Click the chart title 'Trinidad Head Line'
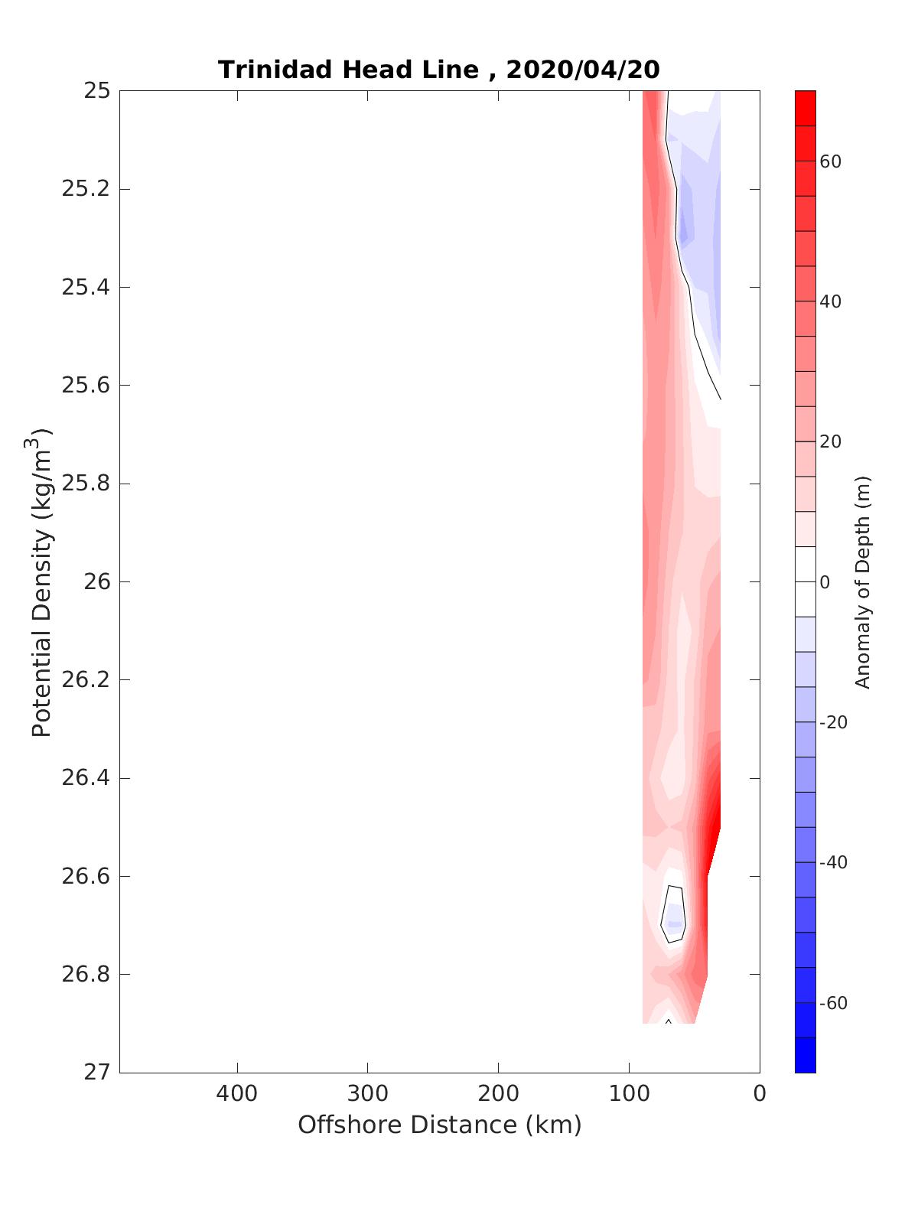(x=348, y=70)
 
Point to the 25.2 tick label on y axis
(x=85, y=189)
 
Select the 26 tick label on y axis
(x=96, y=582)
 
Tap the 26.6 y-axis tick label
(x=85, y=877)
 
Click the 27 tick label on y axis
(x=96, y=1073)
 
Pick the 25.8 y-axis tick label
(x=85, y=484)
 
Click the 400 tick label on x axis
(x=237, y=1094)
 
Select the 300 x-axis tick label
(x=368, y=1094)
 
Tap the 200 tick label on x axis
(x=499, y=1094)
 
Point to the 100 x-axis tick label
(x=629, y=1094)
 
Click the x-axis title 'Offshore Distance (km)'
(x=439, y=1125)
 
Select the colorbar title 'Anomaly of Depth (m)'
(x=863, y=581)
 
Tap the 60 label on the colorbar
(x=830, y=161)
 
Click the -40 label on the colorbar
(x=833, y=863)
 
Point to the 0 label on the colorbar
(x=825, y=583)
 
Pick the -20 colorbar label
(x=833, y=723)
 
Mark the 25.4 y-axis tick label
(x=85, y=288)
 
